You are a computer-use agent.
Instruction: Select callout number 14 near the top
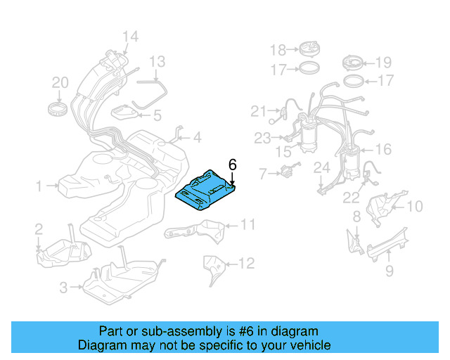click(x=130, y=37)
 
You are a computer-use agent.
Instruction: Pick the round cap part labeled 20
click(x=58, y=110)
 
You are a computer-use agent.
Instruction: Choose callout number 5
click(x=157, y=115)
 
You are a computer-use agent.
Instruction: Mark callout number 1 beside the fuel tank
click(x=39, y=186)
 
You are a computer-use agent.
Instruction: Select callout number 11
click(x=247, y=225)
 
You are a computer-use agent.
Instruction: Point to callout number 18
click(x=278, y=50)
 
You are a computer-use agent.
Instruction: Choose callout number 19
click(x=384, y=62)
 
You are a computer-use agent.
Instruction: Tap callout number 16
click(x=383, y=149)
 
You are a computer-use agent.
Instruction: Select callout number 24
click(x=321, y=167)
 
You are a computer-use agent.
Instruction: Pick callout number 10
click(x=414, y=206)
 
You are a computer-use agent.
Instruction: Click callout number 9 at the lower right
click(x=389, y=269)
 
